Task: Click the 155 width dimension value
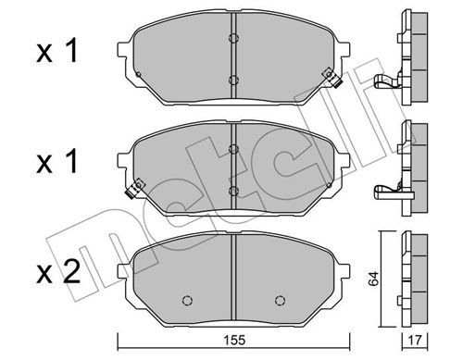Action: (234, 340)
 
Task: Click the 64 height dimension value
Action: (373, 279)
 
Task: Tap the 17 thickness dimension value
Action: (415, 341)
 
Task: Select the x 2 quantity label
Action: (58, 272)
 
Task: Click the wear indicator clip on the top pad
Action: (332, 79)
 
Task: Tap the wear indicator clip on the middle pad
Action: (135, 188)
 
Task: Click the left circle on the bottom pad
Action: (187, 301)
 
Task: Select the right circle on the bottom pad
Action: (280, 301)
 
